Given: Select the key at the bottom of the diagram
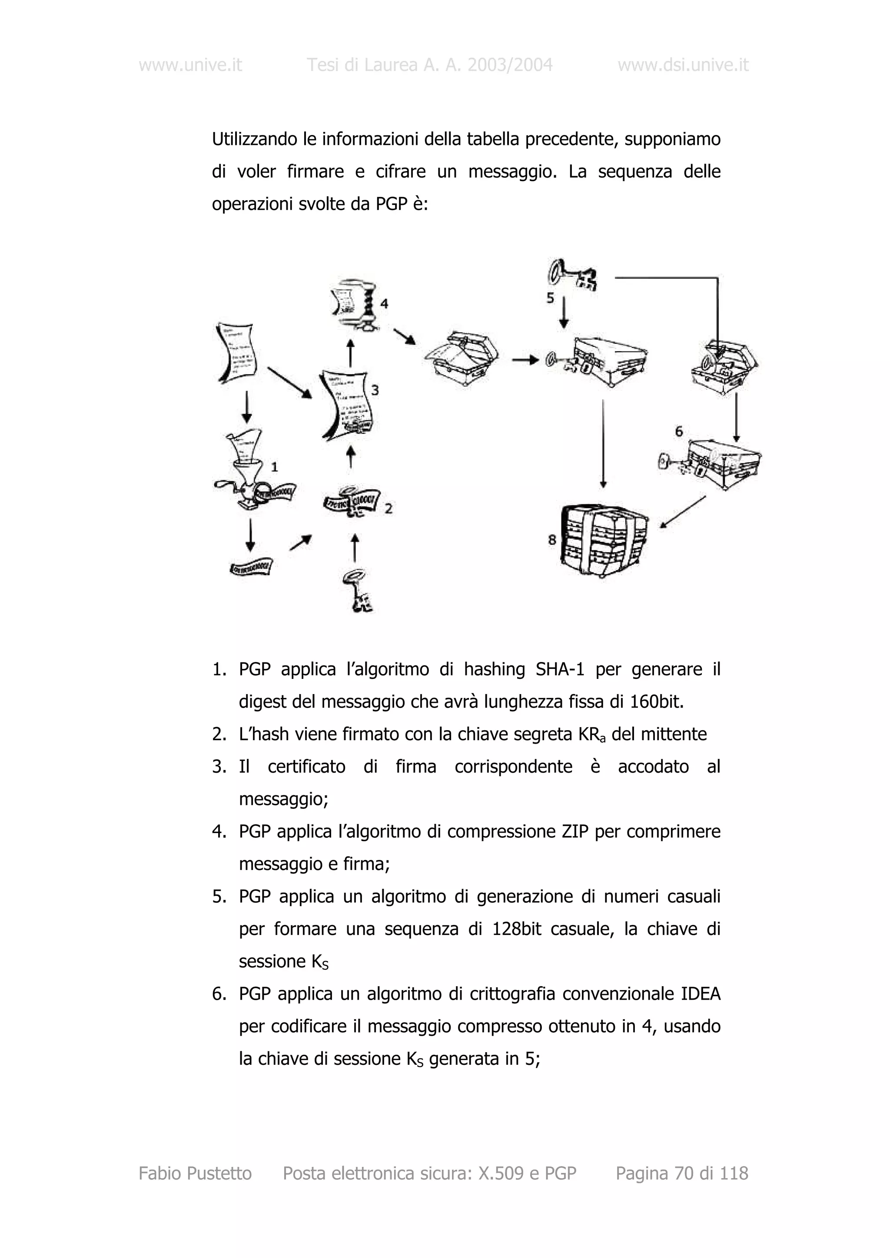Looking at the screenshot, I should pos(356,591).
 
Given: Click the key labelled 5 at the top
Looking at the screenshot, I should pos(572,275).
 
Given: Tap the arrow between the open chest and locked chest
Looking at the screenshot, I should pos(525,360).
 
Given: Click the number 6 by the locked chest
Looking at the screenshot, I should pos(679,432).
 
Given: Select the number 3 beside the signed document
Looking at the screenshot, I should pos(375,390).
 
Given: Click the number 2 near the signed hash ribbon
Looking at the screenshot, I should pos(388,508).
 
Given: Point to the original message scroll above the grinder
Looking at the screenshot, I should pos(237,352).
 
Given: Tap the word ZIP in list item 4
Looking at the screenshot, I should pos(575,831).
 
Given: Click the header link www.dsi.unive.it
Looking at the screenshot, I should pos(683,65).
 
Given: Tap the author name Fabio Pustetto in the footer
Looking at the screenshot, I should pos(195,1173).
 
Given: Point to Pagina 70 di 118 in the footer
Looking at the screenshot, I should pos(681,1173).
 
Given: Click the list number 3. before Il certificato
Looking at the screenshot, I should pos(219,767).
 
